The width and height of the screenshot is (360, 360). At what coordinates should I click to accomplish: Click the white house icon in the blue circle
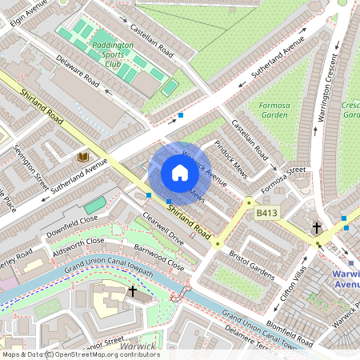(179, 173)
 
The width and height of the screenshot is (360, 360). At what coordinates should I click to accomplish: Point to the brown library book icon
(83, 157)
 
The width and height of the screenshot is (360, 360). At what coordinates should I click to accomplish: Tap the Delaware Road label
(78, 72)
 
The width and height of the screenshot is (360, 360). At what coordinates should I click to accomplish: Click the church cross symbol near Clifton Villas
(317, 228)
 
